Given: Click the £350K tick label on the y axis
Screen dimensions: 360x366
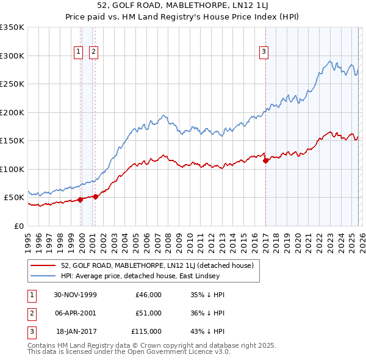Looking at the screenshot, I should pyautogui.click(x=12, y=27).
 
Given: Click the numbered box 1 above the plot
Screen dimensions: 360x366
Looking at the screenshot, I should pyautogui.click(x=79, y=52).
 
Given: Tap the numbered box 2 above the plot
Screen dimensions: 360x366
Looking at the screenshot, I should pyautogui.click(x=93, y=52).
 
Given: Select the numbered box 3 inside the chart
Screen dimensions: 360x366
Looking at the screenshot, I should pyautogui.click(x=264, y=52).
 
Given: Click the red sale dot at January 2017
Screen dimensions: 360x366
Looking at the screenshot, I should pyautogui.click(x=266, y=161).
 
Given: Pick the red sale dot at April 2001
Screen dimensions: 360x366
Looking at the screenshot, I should pyautogui.click(x=96, y=196).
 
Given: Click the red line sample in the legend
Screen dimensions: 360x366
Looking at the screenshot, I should pyautogui.click(x=44, y=265).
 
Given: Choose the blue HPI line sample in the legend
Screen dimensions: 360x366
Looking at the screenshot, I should pyautogui.click(x=44, y=276).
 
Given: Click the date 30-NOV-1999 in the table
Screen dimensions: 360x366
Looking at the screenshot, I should pyautogui.click(x=75, y=295).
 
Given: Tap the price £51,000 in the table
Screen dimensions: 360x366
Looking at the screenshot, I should pyautogui.click(x=148, y=313).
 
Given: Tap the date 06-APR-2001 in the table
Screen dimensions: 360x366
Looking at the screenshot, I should pyautogui.click(x=75, y=313).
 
